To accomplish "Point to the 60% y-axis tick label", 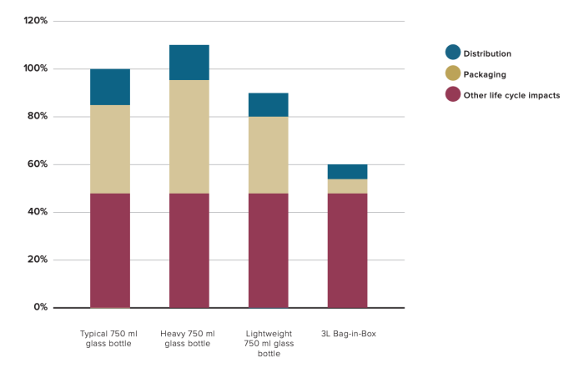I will coord(37,164).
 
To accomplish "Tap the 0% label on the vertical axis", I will coord(40,308).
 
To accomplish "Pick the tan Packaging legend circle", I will coord(453,74).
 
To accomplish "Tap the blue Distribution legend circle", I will coord(453,53).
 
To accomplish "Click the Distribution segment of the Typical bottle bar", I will coord(110,87).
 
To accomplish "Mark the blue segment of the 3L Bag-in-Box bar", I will coord(347,172).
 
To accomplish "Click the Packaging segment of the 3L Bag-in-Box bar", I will coord(347,186).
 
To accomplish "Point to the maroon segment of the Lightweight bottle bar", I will coord(269,250).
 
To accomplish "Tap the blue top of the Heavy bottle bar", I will coord(189,63).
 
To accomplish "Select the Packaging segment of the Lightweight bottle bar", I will coord(269,155).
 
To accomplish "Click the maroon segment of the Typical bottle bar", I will coord(110,250).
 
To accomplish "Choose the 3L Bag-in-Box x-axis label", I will coord(348,334).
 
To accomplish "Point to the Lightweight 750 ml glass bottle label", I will coord(269,343).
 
